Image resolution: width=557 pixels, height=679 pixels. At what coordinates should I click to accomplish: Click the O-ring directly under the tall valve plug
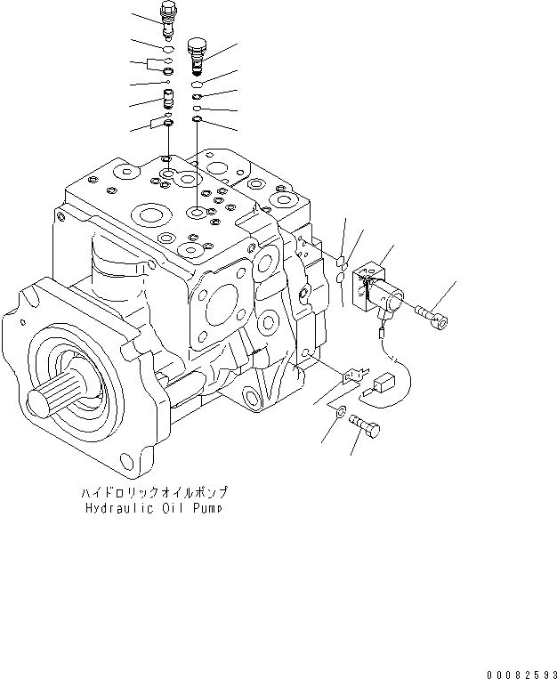tap(168, 49)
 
